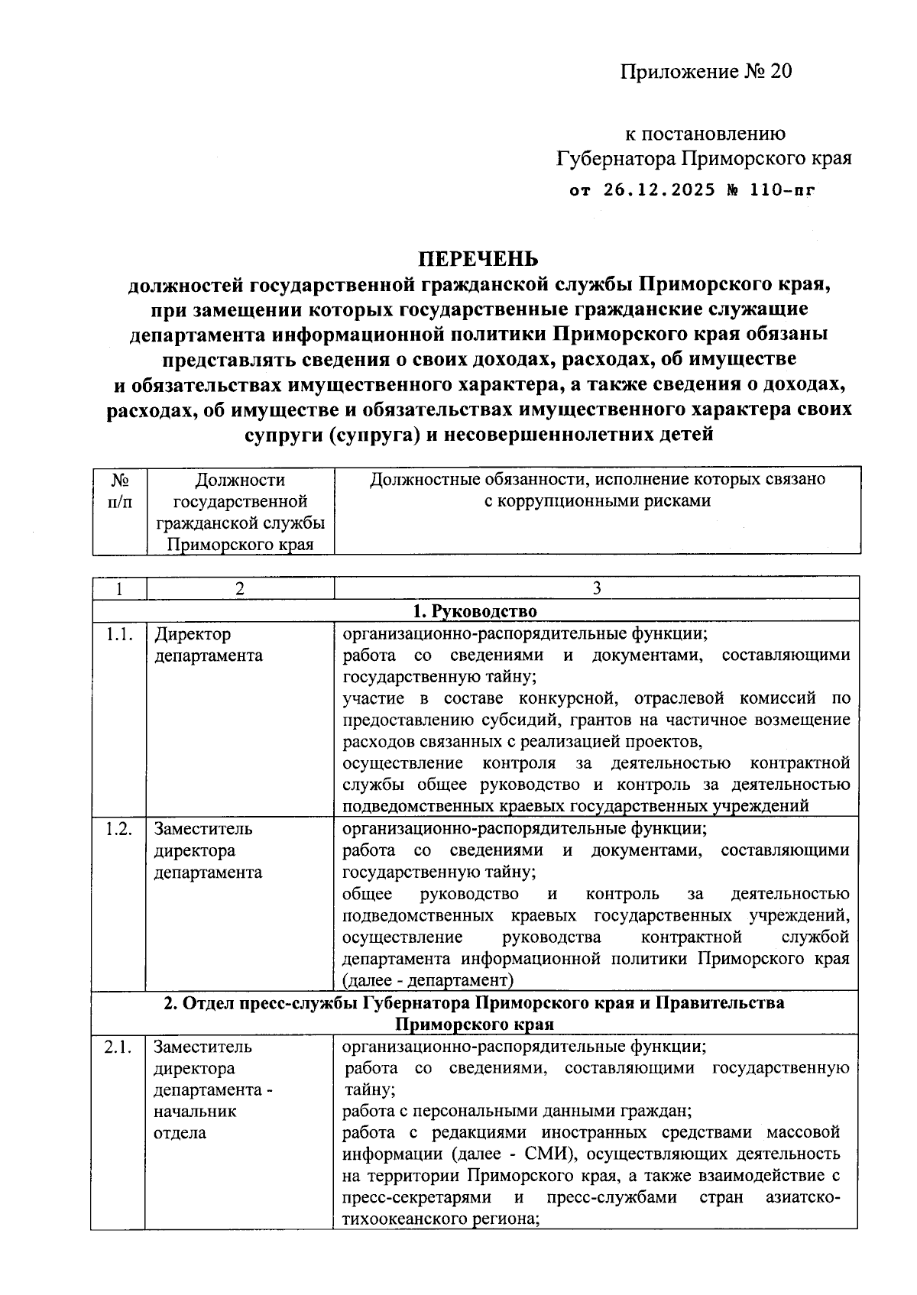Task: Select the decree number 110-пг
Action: pos(782,189)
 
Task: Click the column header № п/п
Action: pos(119,490)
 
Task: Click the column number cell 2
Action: pos(240,588)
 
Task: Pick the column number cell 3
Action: pos(597,588)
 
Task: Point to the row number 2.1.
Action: pos(118,1047)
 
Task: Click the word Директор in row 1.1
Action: pos(193,634)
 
